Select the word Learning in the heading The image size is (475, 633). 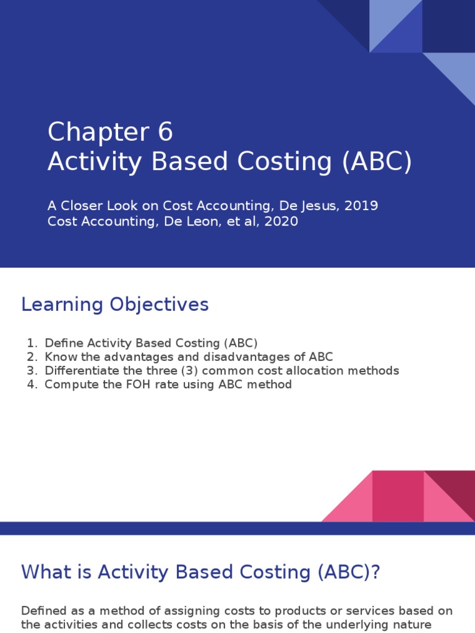coord(62,305)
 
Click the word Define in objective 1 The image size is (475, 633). coord(64,342)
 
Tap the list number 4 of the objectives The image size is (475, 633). coord(31,384)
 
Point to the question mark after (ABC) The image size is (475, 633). coord(374,572)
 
